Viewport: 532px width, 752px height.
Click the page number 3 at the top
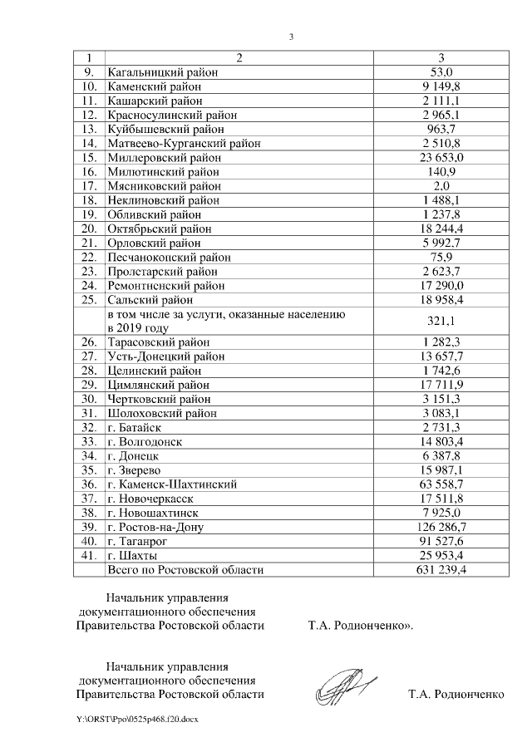point(291,37)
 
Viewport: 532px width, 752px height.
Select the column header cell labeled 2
point(239,58)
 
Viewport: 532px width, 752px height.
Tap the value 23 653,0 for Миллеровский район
point(441,158)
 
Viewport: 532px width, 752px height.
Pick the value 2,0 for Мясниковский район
point(441,186)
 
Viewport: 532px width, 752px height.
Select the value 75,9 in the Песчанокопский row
point(441,258)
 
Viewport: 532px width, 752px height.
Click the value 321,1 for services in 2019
point(441,321)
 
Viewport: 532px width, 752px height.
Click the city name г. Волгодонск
point(145,441)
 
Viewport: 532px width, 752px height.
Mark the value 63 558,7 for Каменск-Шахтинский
point(441,484)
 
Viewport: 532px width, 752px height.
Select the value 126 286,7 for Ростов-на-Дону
point(441,527)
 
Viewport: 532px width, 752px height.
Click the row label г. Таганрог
point(139,541)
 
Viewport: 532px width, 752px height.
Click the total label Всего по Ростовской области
point(185,570)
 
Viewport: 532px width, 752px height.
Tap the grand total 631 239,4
point(441,570)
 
